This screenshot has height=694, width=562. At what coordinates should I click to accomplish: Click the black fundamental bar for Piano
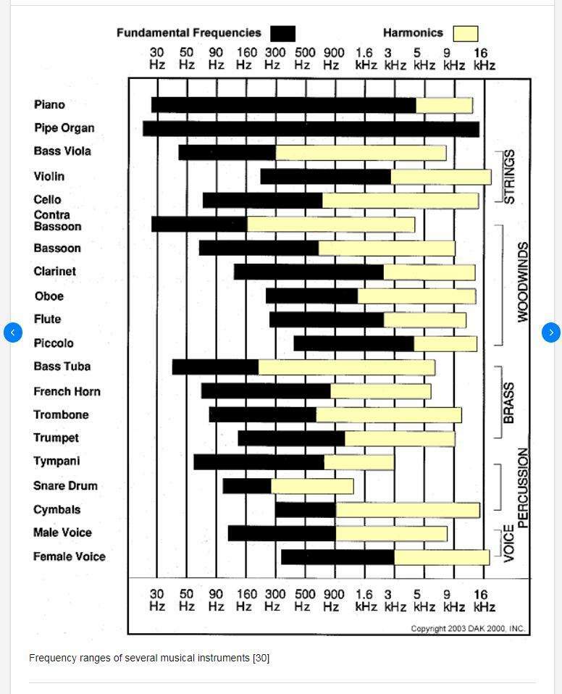tap(284, 105)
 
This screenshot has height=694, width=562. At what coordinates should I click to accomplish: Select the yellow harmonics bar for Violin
tap(441, 177)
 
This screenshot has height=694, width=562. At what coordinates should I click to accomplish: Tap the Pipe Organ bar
tap(311, 129)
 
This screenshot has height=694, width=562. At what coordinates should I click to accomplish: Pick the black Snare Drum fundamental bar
tap(247, 486)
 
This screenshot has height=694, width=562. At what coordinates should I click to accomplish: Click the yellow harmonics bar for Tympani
tap(359, 462)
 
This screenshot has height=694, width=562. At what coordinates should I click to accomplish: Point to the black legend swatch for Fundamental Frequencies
tap(282, 33)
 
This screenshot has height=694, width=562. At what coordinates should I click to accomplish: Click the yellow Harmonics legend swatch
tap(466, 33)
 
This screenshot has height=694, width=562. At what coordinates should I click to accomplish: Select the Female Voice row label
tap(70, 556)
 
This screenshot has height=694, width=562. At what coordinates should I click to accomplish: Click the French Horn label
tap(67, 391)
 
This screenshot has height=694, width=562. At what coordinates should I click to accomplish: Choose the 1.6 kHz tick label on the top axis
tap(366, 59)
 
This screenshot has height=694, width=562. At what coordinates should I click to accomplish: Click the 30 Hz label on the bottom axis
tap(157, 600)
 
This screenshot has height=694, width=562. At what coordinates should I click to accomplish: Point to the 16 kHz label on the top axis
tap(484, 59)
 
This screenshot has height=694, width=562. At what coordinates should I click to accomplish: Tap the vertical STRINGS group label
tap(509, 177)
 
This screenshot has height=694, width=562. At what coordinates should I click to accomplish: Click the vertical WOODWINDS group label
tap(523, 282)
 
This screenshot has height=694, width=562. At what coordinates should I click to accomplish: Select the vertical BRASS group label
tap(509, 403)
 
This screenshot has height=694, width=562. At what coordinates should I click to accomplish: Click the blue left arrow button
tap(13, 333)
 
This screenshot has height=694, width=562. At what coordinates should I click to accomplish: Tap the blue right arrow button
tap(551, 333)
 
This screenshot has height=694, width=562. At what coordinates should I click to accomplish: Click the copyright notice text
tap(468, 629)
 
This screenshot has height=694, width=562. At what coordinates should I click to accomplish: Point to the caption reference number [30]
tap(261, 659)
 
